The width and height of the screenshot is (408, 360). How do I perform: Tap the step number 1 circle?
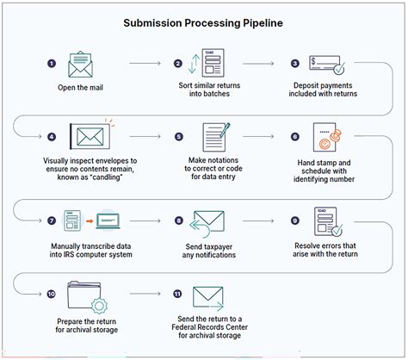[x=51, y=63]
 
